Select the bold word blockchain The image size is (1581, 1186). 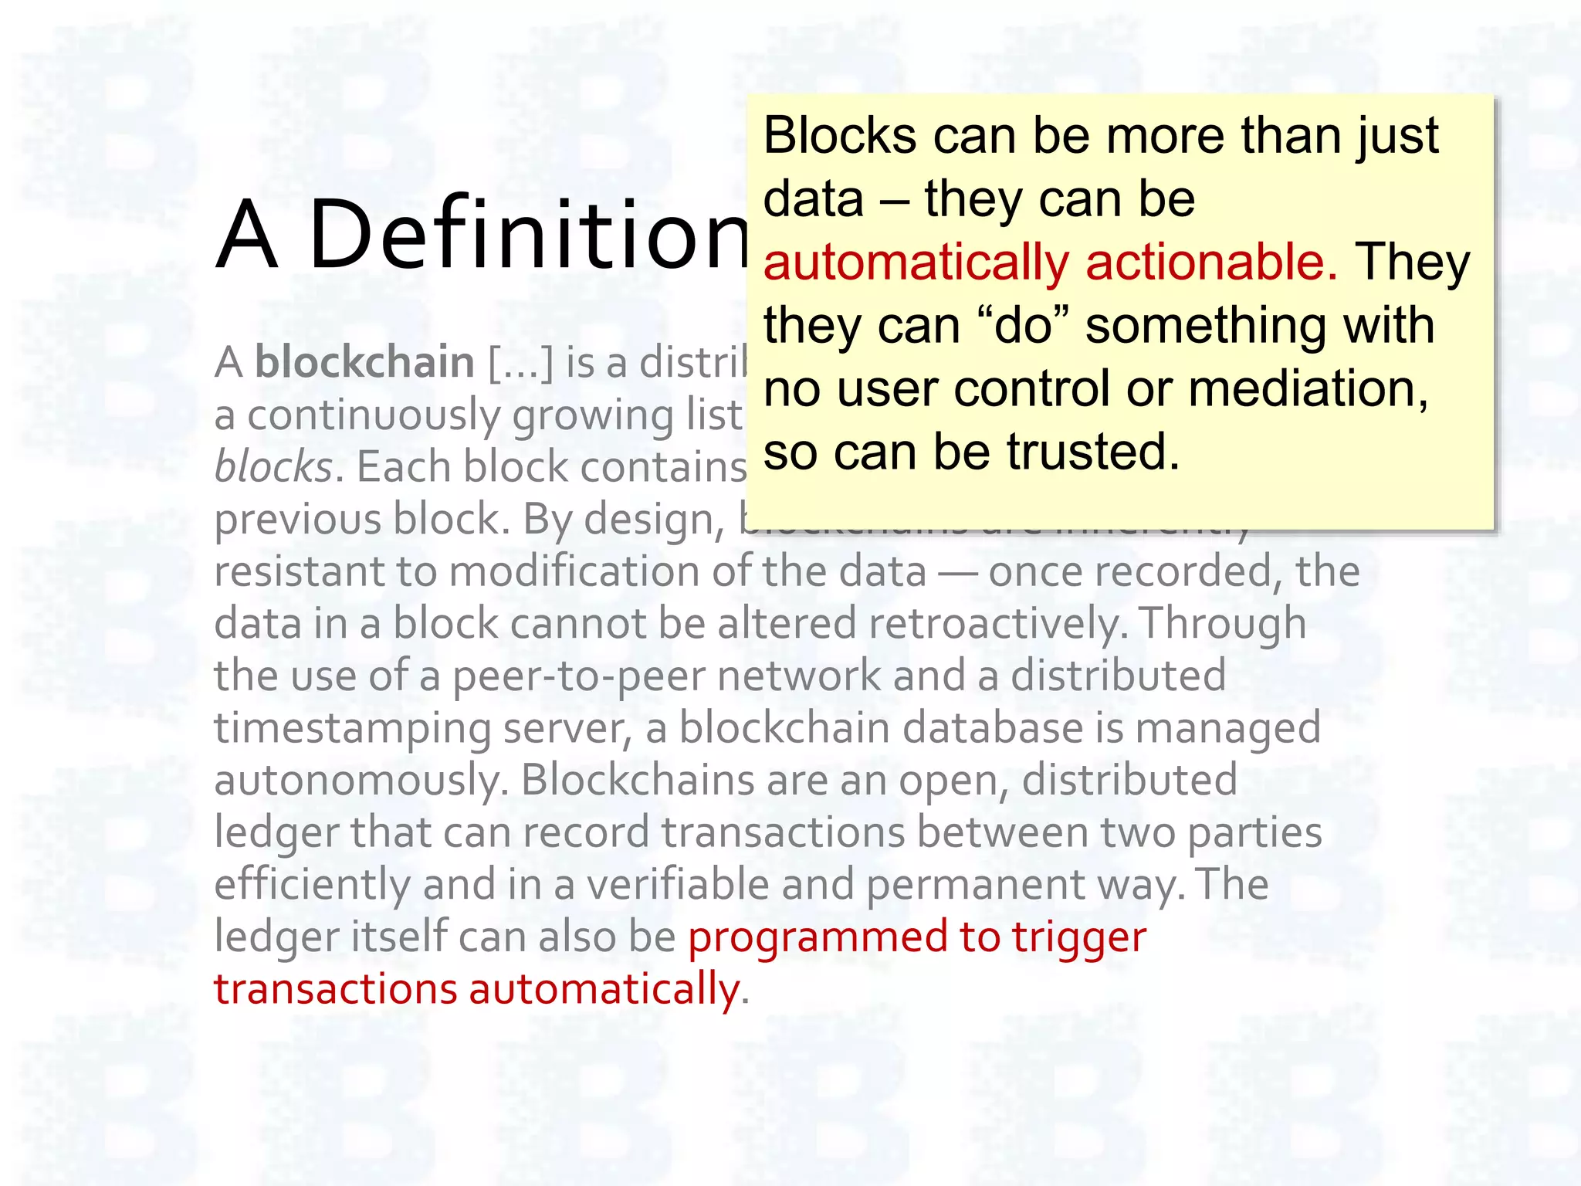click(x=364, y=362)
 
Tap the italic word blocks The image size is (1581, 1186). click(x=273, y=467)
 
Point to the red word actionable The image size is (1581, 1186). click(x=1211, y=263)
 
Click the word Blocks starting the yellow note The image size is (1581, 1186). click(x=839, y=136)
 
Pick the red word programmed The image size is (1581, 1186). click(x=818, y=937)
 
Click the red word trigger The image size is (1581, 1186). click(x=1079, y=938)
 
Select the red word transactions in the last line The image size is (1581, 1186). click(x=336, y=989)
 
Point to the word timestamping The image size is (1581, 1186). click(x=353, y=729)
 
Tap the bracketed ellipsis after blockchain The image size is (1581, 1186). click(x=521, y=363)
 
